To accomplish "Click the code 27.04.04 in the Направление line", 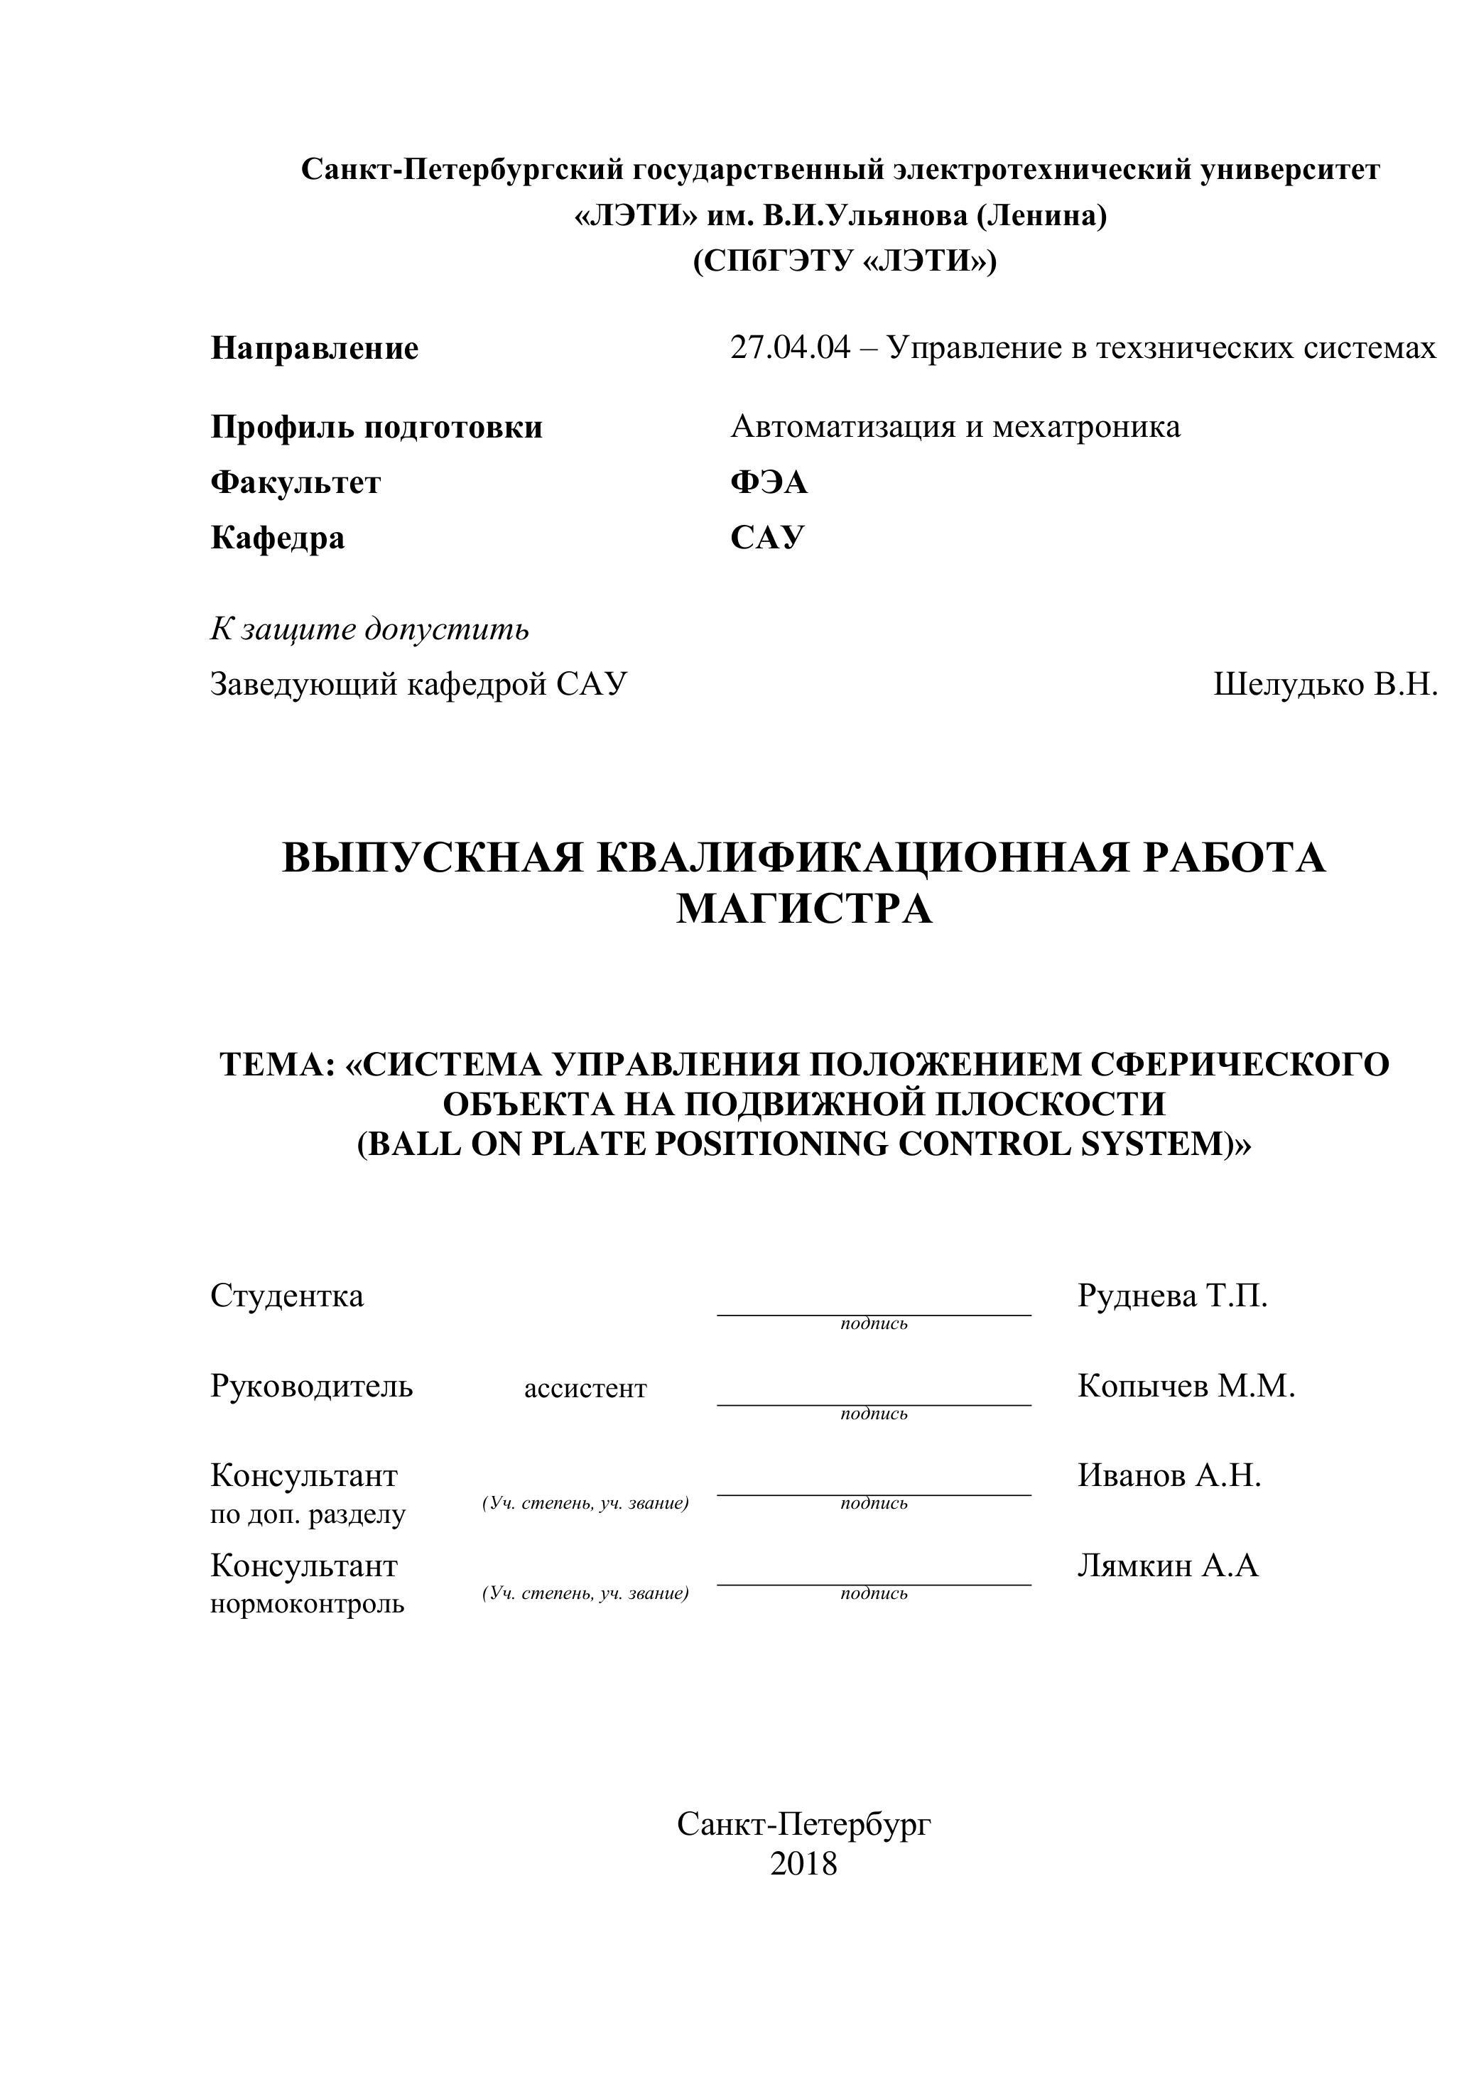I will pos(790,348).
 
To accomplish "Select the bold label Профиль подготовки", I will pos(376,427).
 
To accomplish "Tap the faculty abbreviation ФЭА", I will pos(769,482).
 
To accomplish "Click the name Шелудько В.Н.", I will pos(1326,685).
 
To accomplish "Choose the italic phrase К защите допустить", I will pos(369,629).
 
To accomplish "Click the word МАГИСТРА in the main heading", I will pos(804,909).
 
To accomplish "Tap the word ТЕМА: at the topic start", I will pos(278,1065).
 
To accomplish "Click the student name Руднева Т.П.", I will pos(1172,1296).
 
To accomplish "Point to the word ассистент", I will pos(585,1389).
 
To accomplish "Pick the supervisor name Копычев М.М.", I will pos(1186,1386).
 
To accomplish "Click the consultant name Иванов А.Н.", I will pos(1169,1475).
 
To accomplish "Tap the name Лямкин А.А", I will pos(1168,1565).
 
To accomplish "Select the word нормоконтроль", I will pos(308,1605).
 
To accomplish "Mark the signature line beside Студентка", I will pos(874,1313).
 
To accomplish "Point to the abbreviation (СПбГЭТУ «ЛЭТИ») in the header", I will pos(845,261).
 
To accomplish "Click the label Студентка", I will pos(287,1296).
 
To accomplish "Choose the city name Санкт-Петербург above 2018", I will pos(803,1825).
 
